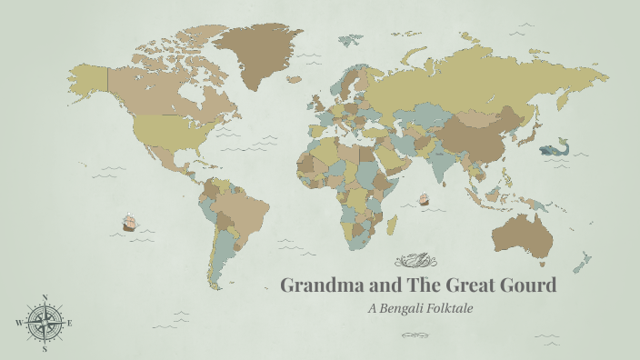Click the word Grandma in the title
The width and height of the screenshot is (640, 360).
click(315, 285)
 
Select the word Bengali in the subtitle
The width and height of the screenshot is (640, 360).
click(409, 308)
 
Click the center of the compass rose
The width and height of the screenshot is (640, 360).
click(44, 323)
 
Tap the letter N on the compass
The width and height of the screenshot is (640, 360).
click(44, 297)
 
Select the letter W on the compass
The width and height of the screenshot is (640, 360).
click(18, 323)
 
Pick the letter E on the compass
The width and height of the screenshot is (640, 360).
click(70, 323)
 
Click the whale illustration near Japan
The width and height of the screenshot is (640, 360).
click(552, 149)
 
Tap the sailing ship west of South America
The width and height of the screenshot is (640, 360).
click(129, 222)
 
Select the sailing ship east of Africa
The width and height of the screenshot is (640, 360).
click(424, 198)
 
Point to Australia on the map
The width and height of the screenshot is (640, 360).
click(522, 232)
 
